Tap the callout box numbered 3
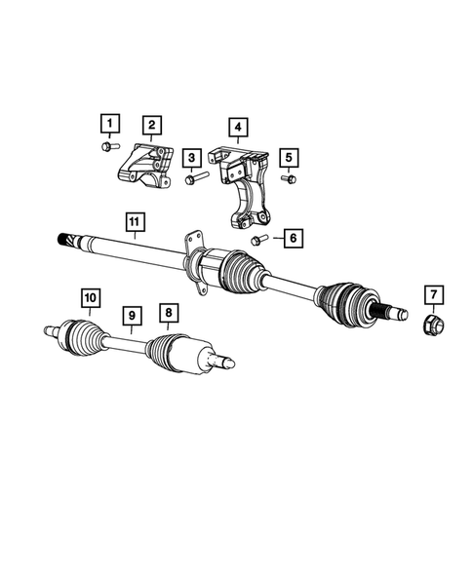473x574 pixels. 192,157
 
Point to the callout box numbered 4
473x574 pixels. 236,126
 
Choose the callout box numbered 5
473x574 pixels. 288,157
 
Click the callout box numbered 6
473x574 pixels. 289,237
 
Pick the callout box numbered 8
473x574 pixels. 170,312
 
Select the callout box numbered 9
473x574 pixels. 129,315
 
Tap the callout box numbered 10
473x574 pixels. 89,295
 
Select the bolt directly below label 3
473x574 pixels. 190,179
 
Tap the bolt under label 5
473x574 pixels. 287,179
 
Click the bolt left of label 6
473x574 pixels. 258,239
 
